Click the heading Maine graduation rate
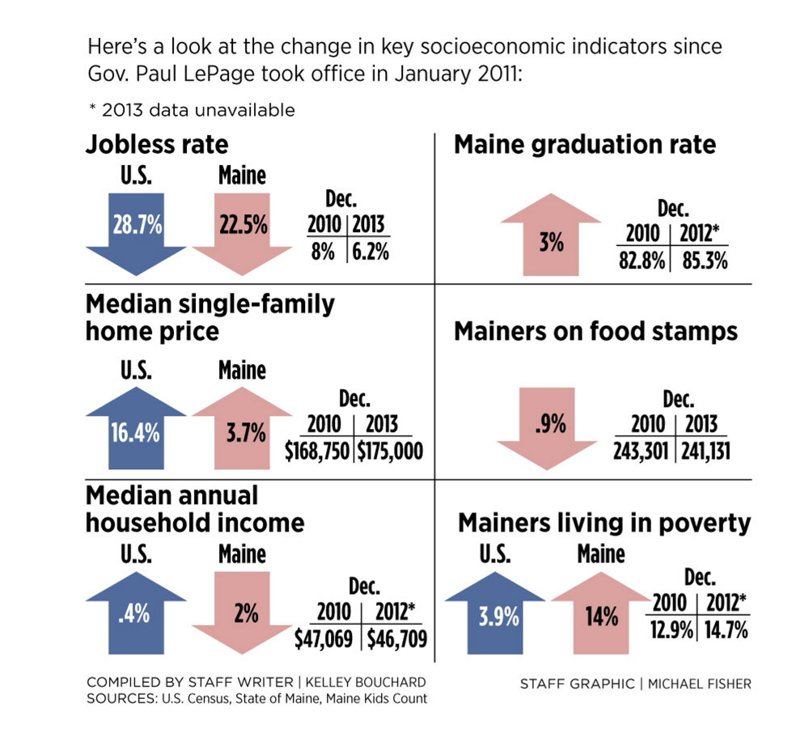585,145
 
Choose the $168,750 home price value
318,451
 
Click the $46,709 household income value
396,639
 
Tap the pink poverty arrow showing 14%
601,620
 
